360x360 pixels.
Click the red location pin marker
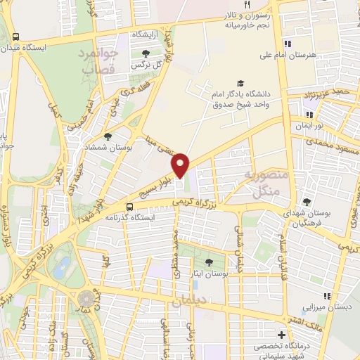click(181, 165)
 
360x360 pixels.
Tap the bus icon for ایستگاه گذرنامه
click(129, 207)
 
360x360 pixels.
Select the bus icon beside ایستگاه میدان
click(16, 37)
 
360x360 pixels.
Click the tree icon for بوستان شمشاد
click(108, 137)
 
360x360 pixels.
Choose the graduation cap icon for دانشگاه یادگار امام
click(241, 83)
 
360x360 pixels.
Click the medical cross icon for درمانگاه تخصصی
click(282, 335)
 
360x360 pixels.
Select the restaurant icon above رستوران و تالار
click(238, 5)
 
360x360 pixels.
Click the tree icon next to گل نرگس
click(146, 53)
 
